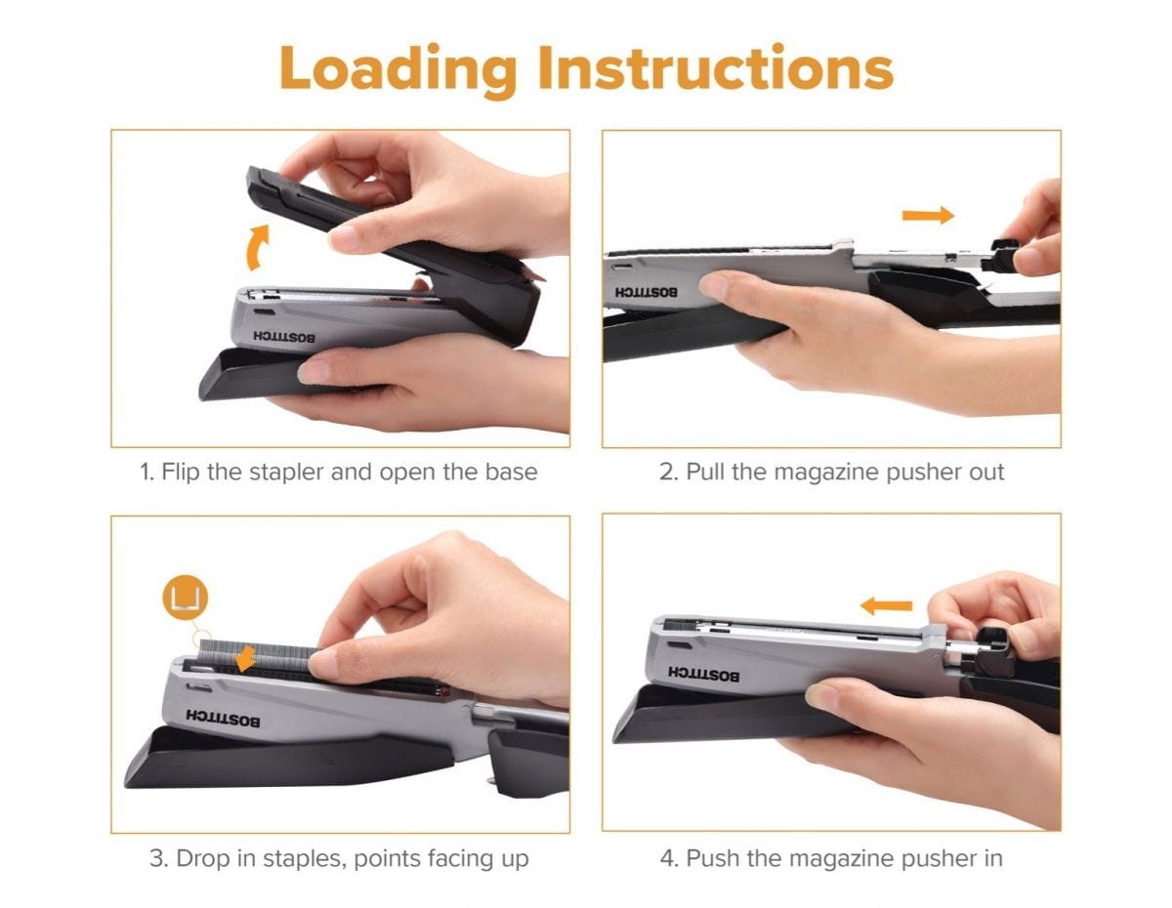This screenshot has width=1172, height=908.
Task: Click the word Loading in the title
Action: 398,68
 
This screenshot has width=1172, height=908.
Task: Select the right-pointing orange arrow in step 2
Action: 927,216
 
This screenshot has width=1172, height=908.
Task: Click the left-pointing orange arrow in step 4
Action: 886,606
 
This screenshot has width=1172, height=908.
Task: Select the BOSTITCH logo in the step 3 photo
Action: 224,720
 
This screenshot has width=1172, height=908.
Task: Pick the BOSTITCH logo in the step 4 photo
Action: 703,674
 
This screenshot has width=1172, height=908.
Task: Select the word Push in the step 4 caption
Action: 710,859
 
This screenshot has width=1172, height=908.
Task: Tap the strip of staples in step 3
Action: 293,661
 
